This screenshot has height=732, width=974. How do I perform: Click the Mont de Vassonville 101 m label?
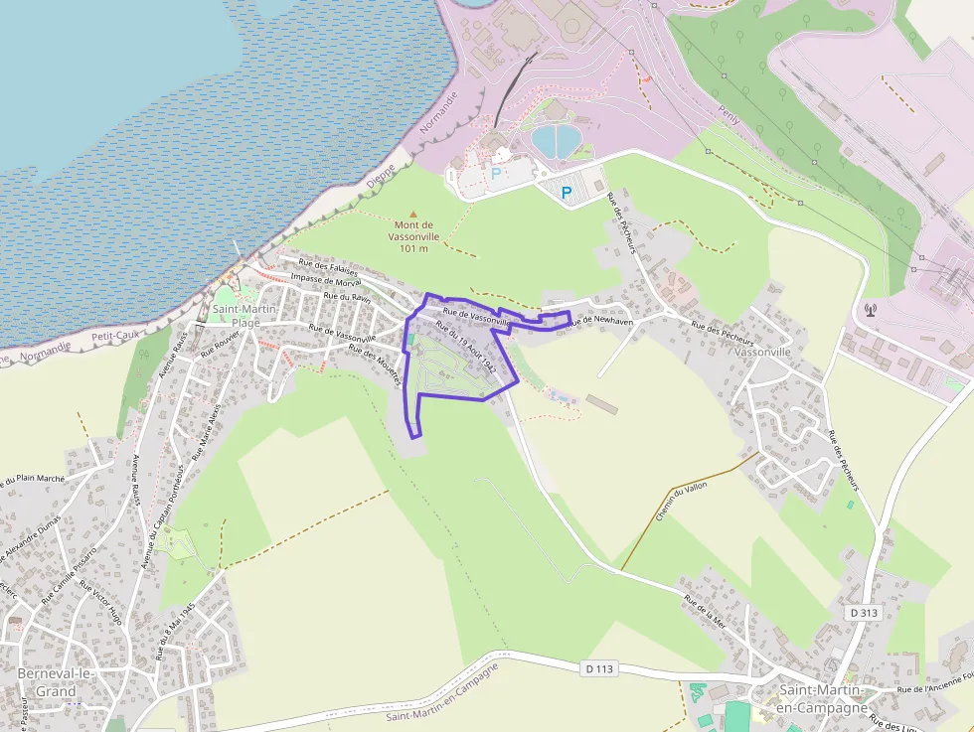pos(413,236)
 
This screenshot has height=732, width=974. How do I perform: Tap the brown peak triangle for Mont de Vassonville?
pos(414,214)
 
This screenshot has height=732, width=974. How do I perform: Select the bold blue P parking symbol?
pos(568,192)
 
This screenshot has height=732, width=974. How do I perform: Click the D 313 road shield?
pos(864,613)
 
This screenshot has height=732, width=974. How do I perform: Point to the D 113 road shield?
pos(599,668)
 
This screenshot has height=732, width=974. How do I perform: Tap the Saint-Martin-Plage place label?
pos(238,316)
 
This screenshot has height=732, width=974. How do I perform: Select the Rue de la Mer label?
pos(705,611)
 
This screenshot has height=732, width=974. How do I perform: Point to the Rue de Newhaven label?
pos(600,321)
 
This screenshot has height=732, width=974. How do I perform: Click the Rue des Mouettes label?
pos(374,365)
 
